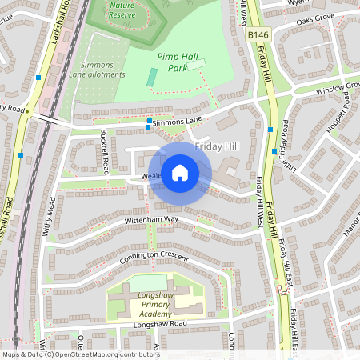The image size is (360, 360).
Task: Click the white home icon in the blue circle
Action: [x=180, y=172]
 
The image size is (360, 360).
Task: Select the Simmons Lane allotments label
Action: [x=102, y=70]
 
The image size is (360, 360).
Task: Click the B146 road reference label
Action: [x=258, y=36]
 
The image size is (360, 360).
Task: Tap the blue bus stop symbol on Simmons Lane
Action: [x=150, y=123]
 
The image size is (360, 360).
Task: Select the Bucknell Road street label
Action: [x=106, y=153]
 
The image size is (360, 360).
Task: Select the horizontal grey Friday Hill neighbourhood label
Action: [x=218, y=147]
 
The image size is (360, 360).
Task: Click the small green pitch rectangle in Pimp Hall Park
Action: [x=152, y=78]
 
